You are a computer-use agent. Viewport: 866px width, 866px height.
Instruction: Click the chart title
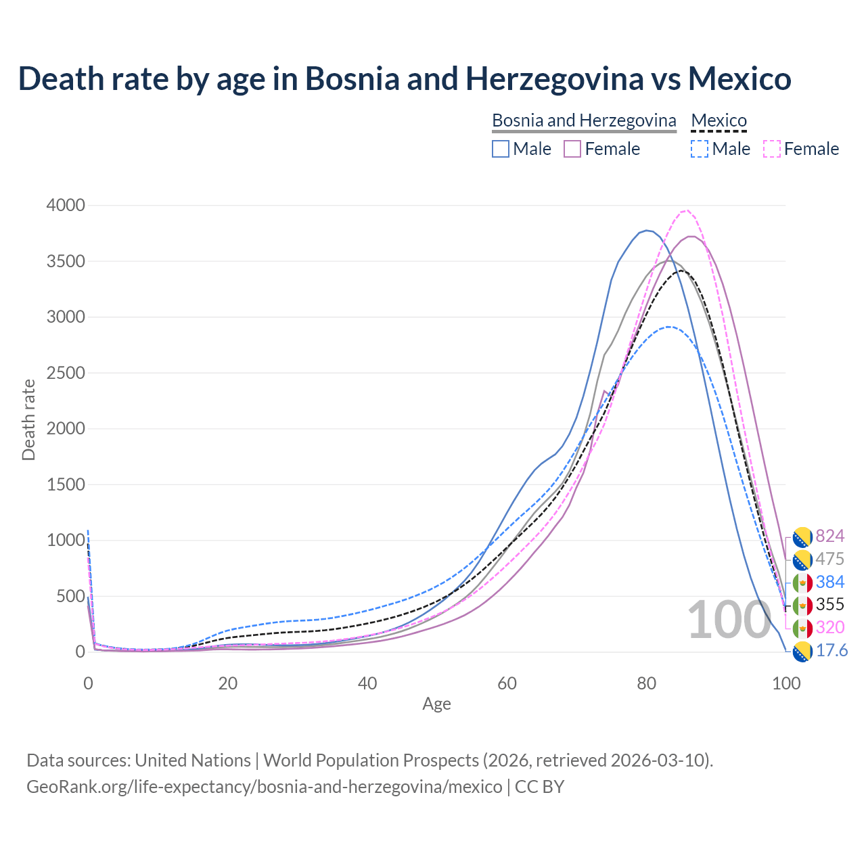(405, 78)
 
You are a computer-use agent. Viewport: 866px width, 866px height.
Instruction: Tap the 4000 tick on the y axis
(66, 205)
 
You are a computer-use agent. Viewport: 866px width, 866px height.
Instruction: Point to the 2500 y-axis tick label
(66, 373)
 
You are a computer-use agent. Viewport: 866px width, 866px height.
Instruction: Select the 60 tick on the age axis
(507, 683)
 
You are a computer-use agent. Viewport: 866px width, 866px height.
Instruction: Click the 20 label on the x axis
(228, 683)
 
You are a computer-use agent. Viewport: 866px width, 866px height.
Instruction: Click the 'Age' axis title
(436, 704)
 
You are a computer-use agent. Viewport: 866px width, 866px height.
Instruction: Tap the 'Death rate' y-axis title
(28, 419)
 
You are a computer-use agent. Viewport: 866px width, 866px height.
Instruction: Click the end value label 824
(829, 536)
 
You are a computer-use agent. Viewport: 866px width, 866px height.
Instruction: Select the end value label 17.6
(831, 650)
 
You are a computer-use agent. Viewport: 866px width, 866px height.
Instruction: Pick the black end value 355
(829, 604)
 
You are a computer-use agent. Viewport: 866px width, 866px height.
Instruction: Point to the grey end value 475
(829, 559)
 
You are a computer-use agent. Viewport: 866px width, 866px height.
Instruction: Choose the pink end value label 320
(829, 627)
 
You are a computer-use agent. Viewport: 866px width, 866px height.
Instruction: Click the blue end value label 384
(829, 582)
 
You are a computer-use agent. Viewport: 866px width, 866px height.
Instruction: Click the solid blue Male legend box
(501, 149)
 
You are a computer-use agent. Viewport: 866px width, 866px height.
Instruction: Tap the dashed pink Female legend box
(772, 149)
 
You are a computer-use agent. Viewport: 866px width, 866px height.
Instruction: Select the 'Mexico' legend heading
(719, 120)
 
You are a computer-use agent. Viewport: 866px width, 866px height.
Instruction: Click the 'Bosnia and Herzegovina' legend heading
(584, 120)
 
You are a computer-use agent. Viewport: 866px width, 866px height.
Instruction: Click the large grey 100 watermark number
(729, 620)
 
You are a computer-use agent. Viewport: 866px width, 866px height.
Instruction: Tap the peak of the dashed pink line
(686, 210)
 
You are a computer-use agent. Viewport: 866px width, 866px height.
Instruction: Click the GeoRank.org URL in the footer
(264, 787)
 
